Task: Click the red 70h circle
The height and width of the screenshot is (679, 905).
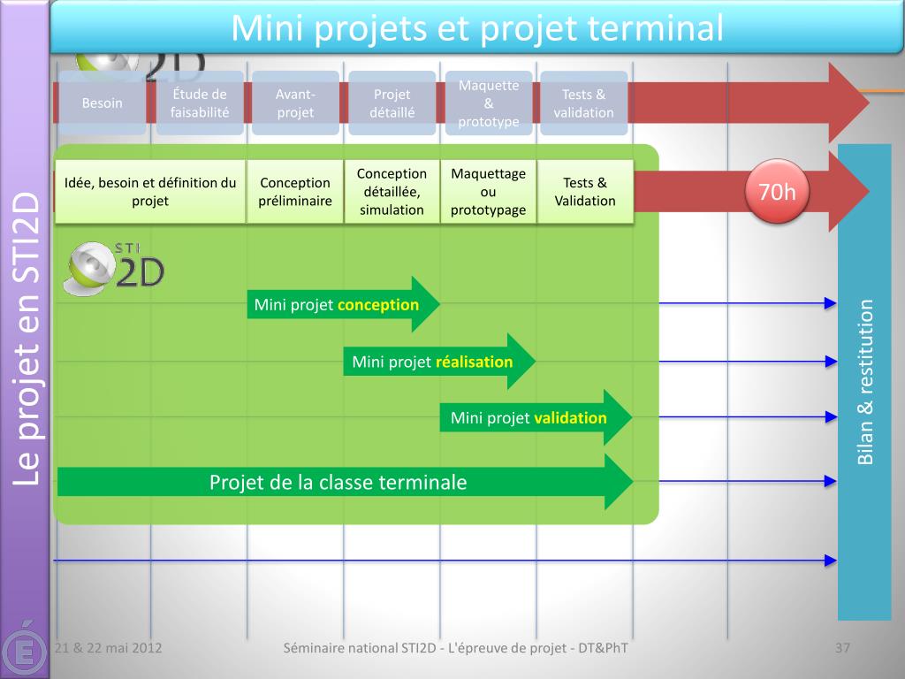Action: pyautogui.click(x=778, y=192)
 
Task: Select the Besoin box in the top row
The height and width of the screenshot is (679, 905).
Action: pyautogui.click(x=103, y=103)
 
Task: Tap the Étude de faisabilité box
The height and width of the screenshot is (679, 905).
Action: pyautogui.click(x=200, y=103)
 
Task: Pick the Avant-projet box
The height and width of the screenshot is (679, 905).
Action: pyautogui.click(x=295, y=103)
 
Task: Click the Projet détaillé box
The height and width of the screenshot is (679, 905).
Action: pyautogui.click(x=392, y=103)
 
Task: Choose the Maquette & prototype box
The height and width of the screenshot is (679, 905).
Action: pyautogui.click(x=489, y=103)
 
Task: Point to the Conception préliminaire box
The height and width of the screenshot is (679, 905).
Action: pyautogui.click(x=295, y=192)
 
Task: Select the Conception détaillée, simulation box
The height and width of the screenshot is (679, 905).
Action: pyautogui.click(x=392, y=192)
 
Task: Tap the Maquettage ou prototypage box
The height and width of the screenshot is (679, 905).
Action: pyautogui.click(x=488, y=192)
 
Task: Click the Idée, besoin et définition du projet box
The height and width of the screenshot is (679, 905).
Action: pyautogui.click(x=150, y=192)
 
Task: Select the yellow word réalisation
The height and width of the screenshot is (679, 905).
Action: pyautogui.click(x=475, y=362)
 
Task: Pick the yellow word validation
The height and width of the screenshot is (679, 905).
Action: pyautogui.click(x=571, y=418)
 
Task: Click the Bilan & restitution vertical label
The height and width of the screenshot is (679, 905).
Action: pyautogui.click(x=865, y=382)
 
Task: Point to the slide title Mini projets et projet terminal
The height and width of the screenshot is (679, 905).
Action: pyautogui.click(x=477, y=28)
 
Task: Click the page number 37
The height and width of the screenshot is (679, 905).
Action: pyautogui.click(x=842, y=648)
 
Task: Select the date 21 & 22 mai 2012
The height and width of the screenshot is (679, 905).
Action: pyautogui.click(x=108, y=648)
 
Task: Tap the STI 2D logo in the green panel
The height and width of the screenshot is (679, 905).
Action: pyautogui.click(x=114, y=269)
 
